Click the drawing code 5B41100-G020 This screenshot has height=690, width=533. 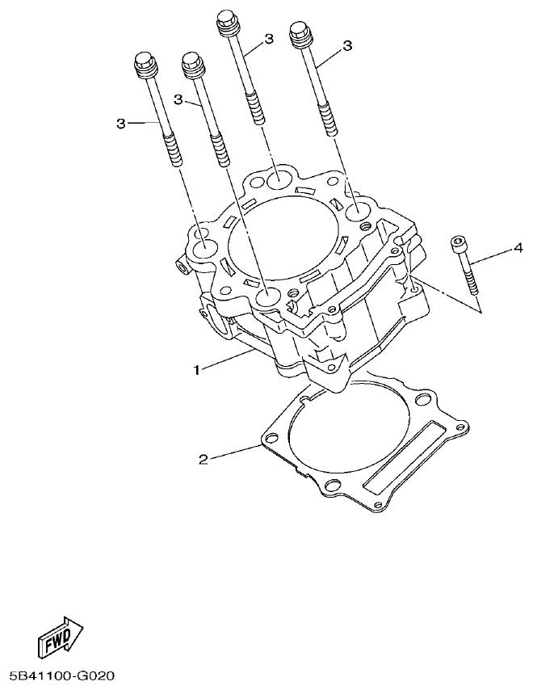65,673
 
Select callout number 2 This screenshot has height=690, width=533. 204,460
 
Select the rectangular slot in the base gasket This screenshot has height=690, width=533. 405,467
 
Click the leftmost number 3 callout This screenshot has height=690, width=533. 120,123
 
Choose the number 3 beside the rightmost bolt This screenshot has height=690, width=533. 347,47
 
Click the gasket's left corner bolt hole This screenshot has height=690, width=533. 271,439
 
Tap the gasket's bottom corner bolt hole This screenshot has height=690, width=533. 330,485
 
